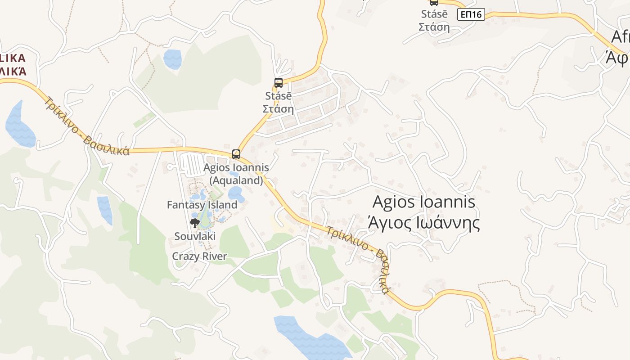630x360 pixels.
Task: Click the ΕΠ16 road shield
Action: [471, 14]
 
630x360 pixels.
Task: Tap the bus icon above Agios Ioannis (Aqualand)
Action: [236, 154]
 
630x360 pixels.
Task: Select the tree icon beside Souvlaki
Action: [194, 223]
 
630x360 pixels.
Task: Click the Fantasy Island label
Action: [202, 205]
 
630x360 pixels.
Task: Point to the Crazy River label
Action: [199, 256]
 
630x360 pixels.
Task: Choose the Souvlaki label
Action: [195, 236]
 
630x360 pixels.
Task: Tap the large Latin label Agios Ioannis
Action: [423, 202]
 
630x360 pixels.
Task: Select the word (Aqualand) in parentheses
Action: [236, 180]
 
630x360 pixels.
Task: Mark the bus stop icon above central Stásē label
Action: [279, 83]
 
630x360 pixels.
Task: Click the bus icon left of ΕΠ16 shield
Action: [434, 2]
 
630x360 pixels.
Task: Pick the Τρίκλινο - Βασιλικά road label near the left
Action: [87, 126]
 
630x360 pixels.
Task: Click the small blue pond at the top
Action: [172, 59]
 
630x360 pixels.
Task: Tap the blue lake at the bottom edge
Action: [310, 340]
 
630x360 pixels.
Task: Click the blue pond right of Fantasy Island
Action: [236, 195]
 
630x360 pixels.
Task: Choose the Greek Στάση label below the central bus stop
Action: [278, 108]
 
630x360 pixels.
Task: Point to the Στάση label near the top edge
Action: [434, 27]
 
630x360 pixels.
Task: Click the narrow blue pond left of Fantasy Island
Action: [105, 210]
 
